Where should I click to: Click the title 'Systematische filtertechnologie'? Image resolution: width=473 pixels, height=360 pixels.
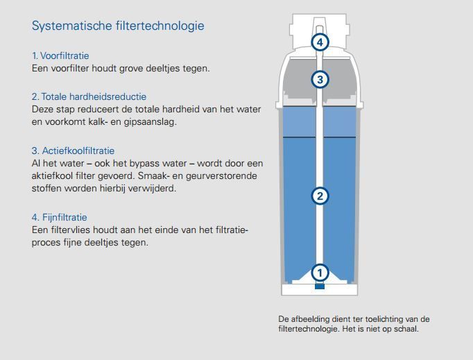[118, 26]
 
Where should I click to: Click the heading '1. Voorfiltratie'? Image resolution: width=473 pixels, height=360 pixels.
[60, 55]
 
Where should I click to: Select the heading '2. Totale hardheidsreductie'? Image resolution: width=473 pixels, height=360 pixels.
[89, 96]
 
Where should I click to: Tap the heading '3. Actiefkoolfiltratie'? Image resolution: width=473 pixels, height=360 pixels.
[73, 151]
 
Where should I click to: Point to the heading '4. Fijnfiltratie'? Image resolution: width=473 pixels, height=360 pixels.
[60, 217]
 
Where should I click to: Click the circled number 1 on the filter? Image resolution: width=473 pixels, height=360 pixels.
[320, 273]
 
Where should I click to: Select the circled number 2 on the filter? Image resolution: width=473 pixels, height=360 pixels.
[320, 196]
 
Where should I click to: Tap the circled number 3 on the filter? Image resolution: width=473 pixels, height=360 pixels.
[320, 79]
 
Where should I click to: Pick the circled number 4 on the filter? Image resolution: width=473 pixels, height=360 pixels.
[320, 42]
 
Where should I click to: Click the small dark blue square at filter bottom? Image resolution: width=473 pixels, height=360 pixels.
[320, 286]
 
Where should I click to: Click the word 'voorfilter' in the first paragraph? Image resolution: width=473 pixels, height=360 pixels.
[70, 68]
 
